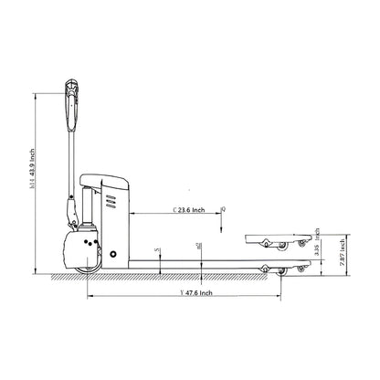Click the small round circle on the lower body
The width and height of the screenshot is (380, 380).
tap(113, 252)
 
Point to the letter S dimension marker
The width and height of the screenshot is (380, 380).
tap(158, 249)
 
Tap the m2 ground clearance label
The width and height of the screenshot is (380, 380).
tap(198, 245)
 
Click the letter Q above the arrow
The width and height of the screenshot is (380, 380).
tap(223, 209)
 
